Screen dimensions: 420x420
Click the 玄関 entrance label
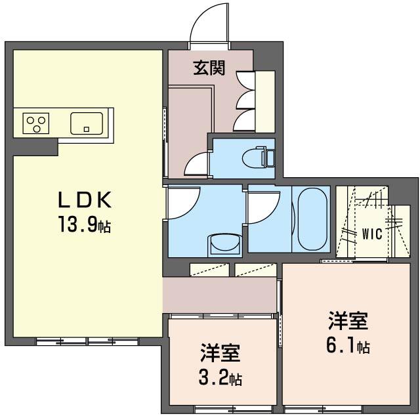(x=209, y=68)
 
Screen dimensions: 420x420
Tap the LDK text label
(x=85, y=200)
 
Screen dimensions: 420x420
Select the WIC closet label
(x=372, y=234)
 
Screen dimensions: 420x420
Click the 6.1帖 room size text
(x=348, y=346)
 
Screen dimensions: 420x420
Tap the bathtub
(x=312, y=219)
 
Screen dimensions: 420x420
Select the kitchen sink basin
(x=87, y=123)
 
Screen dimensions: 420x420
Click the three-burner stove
(x=36, y=123)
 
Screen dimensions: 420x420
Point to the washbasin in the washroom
(x=225, y=243)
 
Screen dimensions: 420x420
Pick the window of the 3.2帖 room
(x=233, y=409)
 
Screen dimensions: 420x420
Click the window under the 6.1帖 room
(x=323, y=409)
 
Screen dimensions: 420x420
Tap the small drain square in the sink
(x=86, y=129)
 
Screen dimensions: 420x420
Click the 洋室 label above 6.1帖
(x=348, y=320)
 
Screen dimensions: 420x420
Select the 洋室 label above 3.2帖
(x=220, y=353)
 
